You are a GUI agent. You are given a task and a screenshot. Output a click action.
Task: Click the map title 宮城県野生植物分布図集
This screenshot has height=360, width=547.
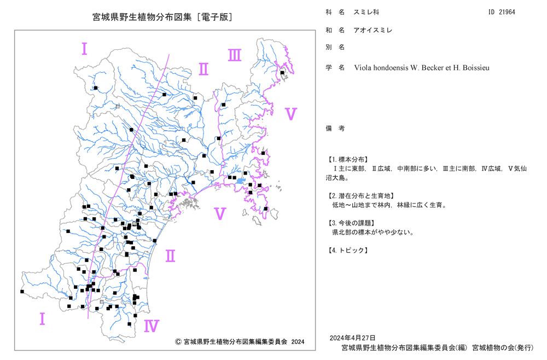142,17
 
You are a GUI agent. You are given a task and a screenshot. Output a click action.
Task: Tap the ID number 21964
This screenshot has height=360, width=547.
507,12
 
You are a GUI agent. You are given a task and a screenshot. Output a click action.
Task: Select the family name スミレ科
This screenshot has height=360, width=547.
366,12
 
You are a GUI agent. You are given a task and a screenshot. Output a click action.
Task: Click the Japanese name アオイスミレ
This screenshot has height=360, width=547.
373,30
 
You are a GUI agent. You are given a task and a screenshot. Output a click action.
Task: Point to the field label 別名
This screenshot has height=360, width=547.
335,48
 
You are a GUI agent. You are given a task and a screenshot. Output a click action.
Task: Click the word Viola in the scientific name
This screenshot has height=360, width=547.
363,68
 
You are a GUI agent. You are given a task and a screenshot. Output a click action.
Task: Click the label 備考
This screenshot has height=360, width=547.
335,129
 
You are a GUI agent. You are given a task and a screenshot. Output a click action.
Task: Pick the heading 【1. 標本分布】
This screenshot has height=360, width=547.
347,160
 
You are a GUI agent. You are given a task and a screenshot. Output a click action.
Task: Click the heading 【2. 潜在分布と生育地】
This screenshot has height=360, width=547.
361,196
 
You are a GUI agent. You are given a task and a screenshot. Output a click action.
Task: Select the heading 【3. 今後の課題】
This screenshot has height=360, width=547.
351,223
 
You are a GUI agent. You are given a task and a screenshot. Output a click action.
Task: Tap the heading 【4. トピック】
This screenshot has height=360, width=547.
347,251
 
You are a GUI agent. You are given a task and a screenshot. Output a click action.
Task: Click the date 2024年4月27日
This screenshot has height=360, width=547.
353,338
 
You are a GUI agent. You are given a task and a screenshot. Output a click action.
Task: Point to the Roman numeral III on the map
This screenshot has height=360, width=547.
235,55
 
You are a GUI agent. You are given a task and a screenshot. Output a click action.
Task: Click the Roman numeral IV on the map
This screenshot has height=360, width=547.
152,326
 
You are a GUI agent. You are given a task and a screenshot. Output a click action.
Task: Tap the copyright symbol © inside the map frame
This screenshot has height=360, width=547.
178,342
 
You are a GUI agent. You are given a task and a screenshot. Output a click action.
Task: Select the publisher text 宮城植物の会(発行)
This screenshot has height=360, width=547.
503,348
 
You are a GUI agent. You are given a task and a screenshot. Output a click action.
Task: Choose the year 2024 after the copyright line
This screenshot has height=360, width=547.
298,342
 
